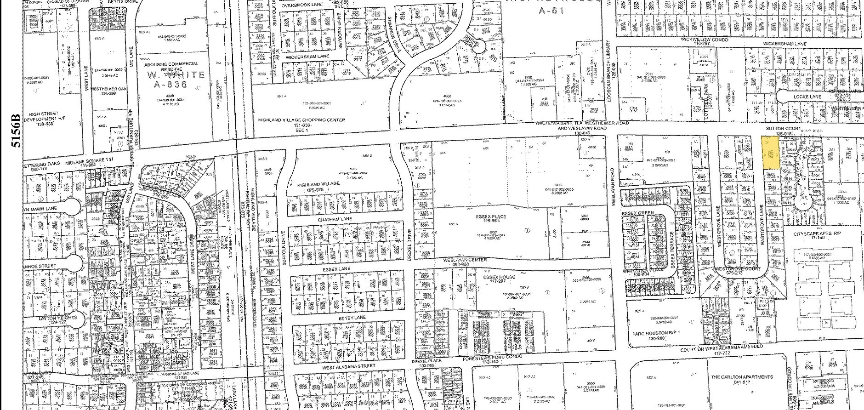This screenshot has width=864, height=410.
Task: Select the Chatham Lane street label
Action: point(335,220)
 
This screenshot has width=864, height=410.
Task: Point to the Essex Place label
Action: point(491,216)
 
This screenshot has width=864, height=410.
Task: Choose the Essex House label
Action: point(499,277)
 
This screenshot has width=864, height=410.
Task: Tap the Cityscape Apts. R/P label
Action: point(818,234)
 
